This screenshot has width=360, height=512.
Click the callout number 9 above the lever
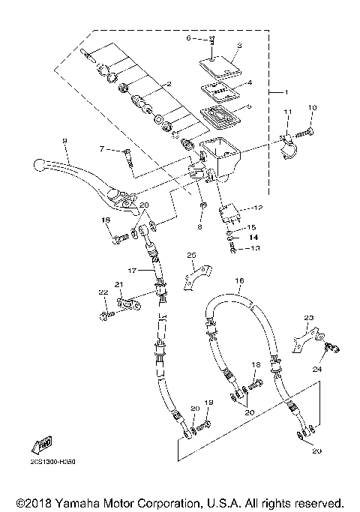[64, 141]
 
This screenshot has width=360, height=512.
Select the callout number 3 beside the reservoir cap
[238, 46]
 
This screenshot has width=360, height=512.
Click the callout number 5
[249, 106]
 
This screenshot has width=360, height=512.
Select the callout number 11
[286, 112]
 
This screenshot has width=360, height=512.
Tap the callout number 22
[103, 292]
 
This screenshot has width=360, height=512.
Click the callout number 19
[209, 403]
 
